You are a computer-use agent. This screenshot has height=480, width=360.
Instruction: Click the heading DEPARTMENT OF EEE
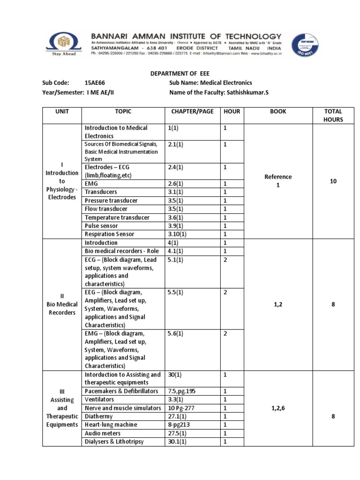(x=180, y=74)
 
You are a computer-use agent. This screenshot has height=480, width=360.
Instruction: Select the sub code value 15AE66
(x=95, y=83)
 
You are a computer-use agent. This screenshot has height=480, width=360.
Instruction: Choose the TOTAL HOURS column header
(x=333, y=115)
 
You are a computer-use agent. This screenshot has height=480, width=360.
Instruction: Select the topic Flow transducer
(x=106, y=209)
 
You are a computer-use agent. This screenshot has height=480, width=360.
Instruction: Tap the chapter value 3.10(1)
(x=177, y=234)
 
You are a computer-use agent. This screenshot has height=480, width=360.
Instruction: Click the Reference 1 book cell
(x=278, y=181)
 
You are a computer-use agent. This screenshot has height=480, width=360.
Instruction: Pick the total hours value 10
(x=333, y=181)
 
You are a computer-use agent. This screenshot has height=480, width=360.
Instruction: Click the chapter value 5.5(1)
(x=175, y=292)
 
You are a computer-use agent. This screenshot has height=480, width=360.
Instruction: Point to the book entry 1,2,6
(x=278, y=408)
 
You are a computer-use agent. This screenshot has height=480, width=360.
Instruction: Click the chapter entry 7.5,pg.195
(x=184, y=391)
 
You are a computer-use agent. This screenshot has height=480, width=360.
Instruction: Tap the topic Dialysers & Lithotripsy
(x=114, y=442)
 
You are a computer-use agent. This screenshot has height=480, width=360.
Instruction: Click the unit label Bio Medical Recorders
(x=62, y=304)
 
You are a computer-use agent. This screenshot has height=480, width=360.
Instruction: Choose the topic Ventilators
(x=99, y=399)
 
